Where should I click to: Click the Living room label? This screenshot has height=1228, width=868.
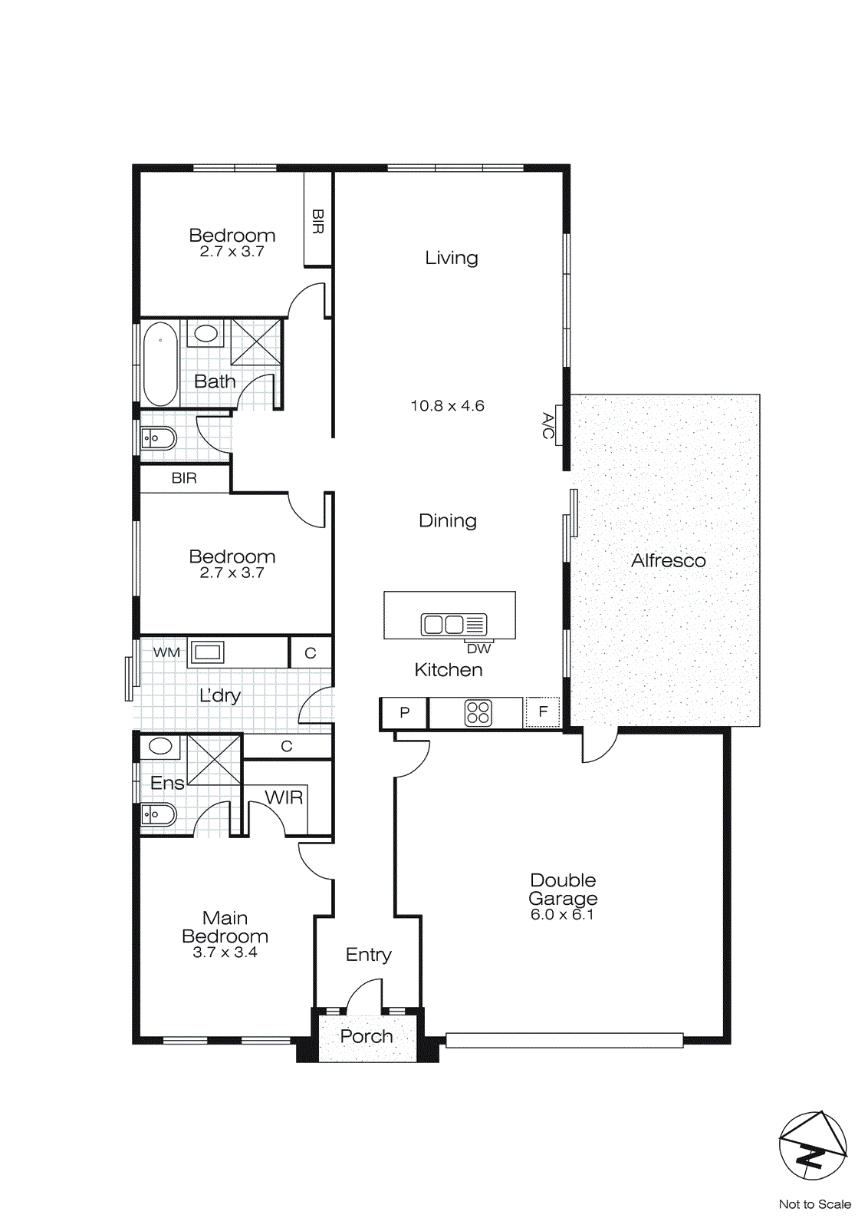coord(451,258)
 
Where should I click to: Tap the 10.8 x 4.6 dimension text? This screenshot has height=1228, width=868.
coord(447,406)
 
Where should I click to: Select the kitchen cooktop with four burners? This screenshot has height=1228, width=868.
coord(478,713)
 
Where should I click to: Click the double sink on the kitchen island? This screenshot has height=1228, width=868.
coord(443,624)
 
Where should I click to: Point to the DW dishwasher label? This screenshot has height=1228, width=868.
coord(478,649)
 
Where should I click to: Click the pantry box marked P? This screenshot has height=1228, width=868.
coord(404,713)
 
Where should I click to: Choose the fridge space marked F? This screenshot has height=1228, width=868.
coord(543,712)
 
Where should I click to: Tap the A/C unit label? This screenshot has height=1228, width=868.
coord(548,426)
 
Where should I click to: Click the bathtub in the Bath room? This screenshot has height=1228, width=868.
coord(160,364)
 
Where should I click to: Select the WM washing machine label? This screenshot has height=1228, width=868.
coord(166,653)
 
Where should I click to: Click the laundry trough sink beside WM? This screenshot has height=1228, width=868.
coord(207,653)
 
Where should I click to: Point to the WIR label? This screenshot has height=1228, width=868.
coord(284,798)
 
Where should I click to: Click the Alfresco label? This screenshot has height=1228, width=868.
coord(668,561)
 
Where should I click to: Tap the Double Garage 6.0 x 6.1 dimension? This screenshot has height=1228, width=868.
coord(562,915)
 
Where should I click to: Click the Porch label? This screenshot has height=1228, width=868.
coord(366,1037)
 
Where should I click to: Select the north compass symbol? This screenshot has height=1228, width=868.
coord(812,1146)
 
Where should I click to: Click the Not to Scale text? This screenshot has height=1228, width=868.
coord(814,1204)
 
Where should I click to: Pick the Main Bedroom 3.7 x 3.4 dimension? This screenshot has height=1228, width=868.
coord(225,952)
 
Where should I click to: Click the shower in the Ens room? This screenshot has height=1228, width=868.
coord(214,759)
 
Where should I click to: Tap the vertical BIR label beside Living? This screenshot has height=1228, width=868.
coord(317,221)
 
